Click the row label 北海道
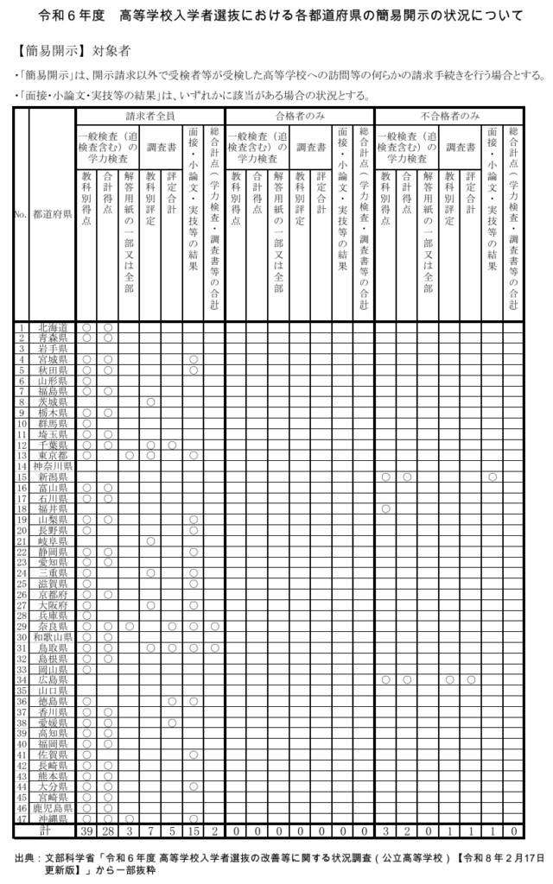tap(53, 328)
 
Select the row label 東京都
tap(53, 455)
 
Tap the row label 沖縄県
tap(53, 818)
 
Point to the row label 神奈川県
tap(53, 466)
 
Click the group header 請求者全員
tap(150, 115)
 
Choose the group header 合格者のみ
tap(300, 115)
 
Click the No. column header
tap(21, 215)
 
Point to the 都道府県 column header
tap(53, 215)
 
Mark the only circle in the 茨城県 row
tap(151, 402)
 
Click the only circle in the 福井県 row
tap(385, 508)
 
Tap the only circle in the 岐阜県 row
tap(151, 540)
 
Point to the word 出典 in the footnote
tap(26, 859)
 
